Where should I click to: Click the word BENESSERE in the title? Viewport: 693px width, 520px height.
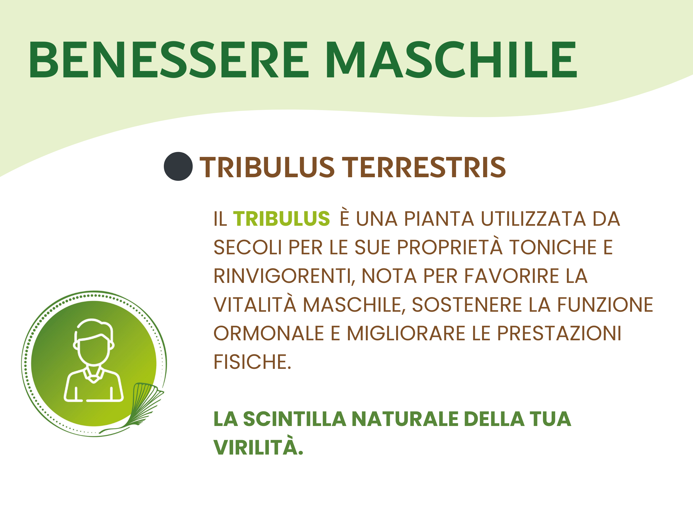click(169, 59)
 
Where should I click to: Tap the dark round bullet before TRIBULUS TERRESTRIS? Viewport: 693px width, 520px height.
click(178, 166)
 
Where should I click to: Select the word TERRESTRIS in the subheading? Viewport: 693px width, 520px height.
click(424, 167)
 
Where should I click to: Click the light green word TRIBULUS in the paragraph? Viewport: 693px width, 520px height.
click(281, 219)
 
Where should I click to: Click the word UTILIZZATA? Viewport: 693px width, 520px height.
click(533, 219)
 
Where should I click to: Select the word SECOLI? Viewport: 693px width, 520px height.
click(248, 247)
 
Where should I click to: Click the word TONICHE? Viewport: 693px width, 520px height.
click(553, 247)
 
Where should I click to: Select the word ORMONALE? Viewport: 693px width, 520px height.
click(269, 333)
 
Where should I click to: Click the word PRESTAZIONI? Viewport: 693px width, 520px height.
click(559, 333)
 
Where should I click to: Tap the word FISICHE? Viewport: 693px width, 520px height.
click(252, 362)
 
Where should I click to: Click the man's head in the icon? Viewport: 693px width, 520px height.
click(93, 342)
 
